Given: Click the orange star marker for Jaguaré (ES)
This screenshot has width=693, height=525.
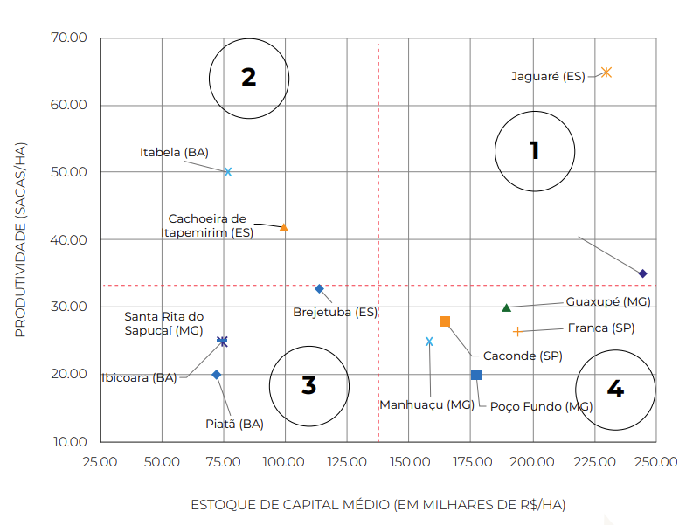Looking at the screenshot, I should pyautogui.click(x=606, y=73).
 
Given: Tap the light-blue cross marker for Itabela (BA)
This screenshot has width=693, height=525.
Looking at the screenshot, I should pyautogui.click(x=228, y=172).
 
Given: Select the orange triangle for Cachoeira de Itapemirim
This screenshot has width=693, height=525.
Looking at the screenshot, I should pyautogui.click(x=283, y=227).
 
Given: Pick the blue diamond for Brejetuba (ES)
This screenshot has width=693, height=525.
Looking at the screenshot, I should pyautogui.click(x=319, y=288).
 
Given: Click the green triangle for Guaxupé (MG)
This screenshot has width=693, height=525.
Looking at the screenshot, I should pyautogui.click(x=506, y=307).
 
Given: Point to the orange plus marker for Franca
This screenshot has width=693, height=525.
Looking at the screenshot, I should pyautogui.click(x=517, y=332).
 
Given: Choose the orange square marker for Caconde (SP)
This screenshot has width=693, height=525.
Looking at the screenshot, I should pyautogui.click(x=445, y=321).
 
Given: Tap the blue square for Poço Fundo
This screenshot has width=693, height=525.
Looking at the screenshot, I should pyautogui.click(x=476, y=375).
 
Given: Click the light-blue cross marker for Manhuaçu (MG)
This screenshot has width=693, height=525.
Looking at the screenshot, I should pyautogui.click(x=429, y=342).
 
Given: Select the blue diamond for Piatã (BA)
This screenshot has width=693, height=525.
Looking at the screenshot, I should pyautogui.click(x=217, y=375).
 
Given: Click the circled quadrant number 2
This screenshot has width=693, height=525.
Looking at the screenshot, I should pyautogui.click(x=249, y=78).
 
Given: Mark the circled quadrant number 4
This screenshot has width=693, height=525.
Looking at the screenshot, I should pyautogui.click(x=615, y=390).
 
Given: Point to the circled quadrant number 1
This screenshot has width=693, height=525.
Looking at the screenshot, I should pyautogui.click(x=535, y=151).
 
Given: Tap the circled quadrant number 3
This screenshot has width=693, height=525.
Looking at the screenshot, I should pyautogui.click(x=308, y=385).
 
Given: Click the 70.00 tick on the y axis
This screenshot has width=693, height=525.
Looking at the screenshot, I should pyautogui.click(x=70, y=38).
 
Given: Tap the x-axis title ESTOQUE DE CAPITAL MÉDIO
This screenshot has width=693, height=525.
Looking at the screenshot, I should pyautogui.click(x=378, y=505).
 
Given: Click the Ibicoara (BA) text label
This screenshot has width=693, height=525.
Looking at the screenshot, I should pyautogui.click(x=139, y=378).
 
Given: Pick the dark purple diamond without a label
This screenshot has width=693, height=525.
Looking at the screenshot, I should pyautogui.click(x=642, y=273).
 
